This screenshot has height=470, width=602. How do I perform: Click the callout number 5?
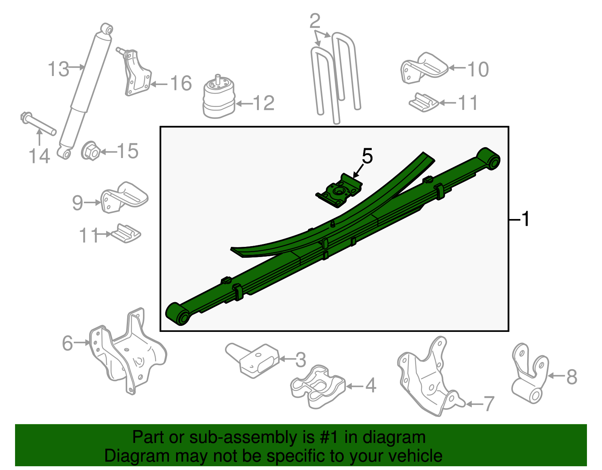367,156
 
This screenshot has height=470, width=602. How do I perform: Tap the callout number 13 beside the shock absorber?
59,70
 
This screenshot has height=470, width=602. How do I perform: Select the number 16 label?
181,83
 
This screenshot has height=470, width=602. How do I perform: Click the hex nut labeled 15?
91,152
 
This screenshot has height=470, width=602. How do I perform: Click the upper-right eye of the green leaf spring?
489,158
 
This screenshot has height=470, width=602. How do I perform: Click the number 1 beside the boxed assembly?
526,219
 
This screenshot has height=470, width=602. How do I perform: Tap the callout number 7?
488,404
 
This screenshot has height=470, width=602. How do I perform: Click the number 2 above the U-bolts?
315,21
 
